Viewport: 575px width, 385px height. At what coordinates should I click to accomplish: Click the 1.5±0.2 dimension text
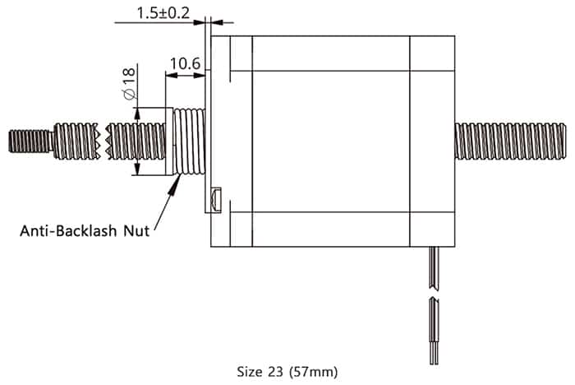point(163,13)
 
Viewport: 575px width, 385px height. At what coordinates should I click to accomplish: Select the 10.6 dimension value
point(185,63)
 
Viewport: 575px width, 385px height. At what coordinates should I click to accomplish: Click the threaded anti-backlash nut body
point(188,141)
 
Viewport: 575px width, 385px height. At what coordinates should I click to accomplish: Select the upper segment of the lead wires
point(433,267)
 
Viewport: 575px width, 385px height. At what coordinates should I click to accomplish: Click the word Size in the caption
point(249,371)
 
